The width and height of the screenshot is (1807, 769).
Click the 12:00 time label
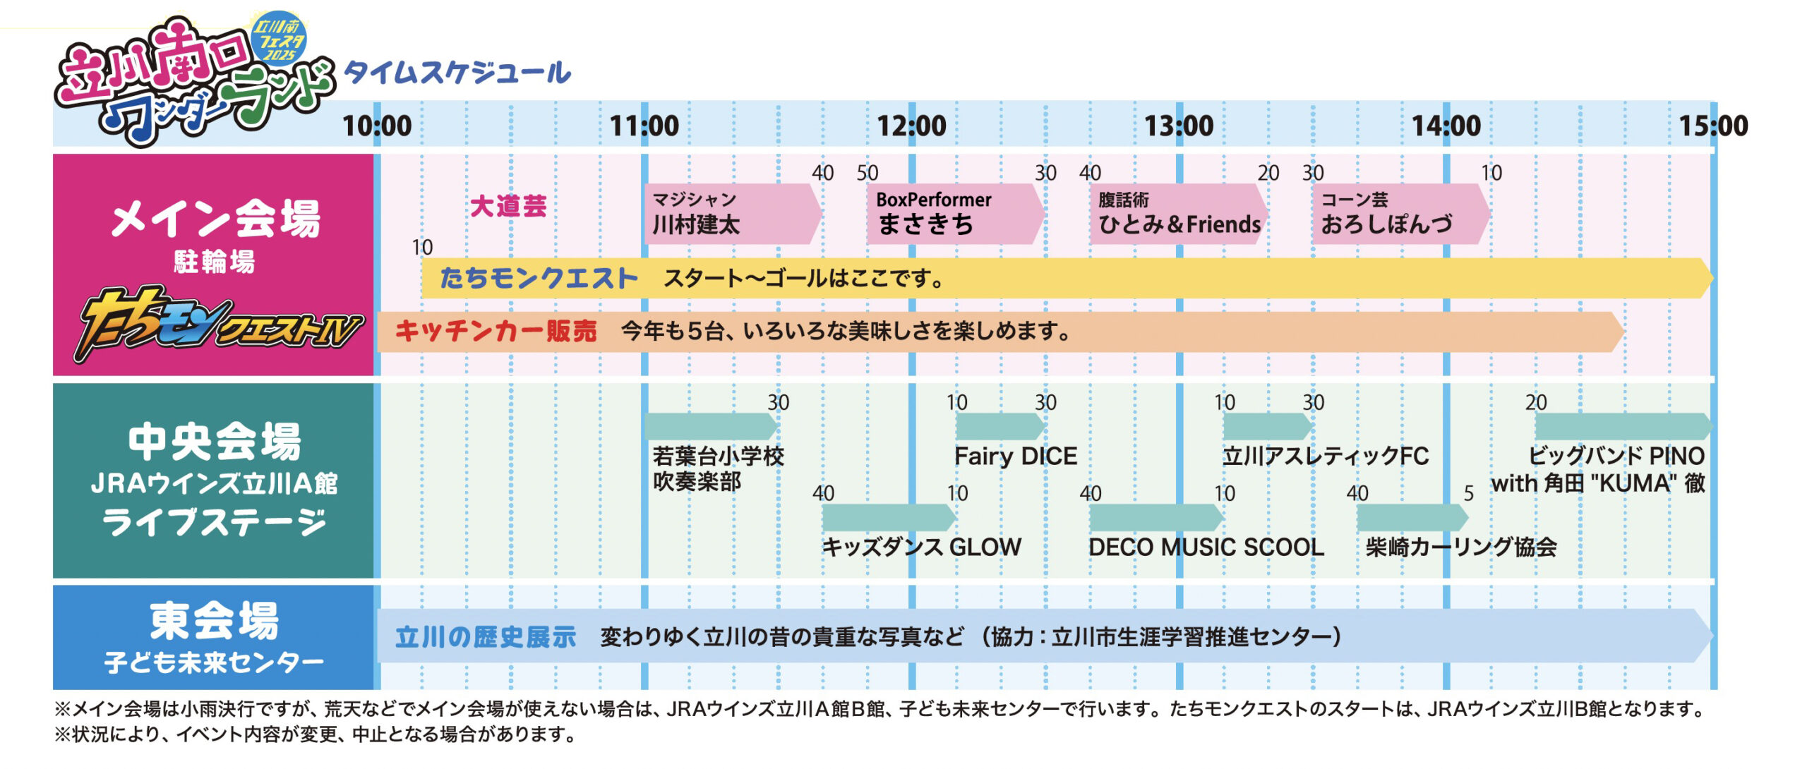pos(911,126)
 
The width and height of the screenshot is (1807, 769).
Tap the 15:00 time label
pos(1714,126)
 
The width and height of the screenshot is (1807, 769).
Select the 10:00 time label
pos(377,126)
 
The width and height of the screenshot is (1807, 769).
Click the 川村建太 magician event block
pos(733,214)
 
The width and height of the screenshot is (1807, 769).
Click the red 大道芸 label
pos(508,207)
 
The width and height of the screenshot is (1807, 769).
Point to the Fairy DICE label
pos(1016,456)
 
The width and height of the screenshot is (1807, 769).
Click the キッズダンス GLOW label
pos(922,547)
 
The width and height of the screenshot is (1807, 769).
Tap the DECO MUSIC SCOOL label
pos(1206,547)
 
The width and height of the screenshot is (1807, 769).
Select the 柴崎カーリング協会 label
pos(1461,547)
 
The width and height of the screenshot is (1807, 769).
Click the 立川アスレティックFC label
pos(1326,456)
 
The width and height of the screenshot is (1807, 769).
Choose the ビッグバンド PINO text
pos(1616,456)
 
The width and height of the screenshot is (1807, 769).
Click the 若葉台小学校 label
pos(719,456)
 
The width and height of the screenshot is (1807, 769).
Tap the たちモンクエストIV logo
pos(219,325)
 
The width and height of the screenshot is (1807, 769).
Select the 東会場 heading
pos(214,621)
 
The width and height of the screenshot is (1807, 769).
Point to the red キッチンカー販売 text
pos(496,331)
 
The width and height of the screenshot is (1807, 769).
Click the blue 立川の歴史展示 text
pos(486,637)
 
